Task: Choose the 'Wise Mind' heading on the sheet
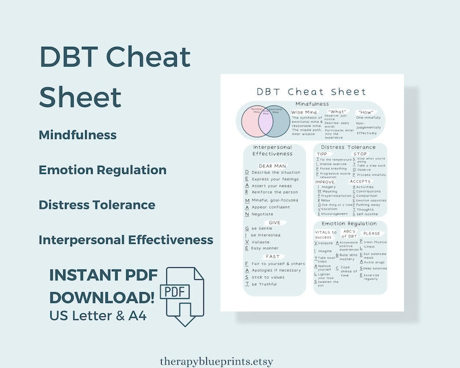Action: (305, 112)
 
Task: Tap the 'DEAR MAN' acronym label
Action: (272, 166)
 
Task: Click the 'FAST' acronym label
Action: (273, 256)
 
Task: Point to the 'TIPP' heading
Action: (322, 154)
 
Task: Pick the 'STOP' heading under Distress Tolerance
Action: (360, 154)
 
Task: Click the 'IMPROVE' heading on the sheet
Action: (324, 181)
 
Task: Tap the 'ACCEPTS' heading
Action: (360, 181)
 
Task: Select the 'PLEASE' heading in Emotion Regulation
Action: (371, 234)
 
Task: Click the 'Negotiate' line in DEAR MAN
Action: (262, 214)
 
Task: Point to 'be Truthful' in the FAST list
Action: (264, 284)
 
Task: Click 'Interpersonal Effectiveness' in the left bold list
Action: (126, 240)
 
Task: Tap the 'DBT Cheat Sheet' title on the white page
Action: (312, 92)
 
